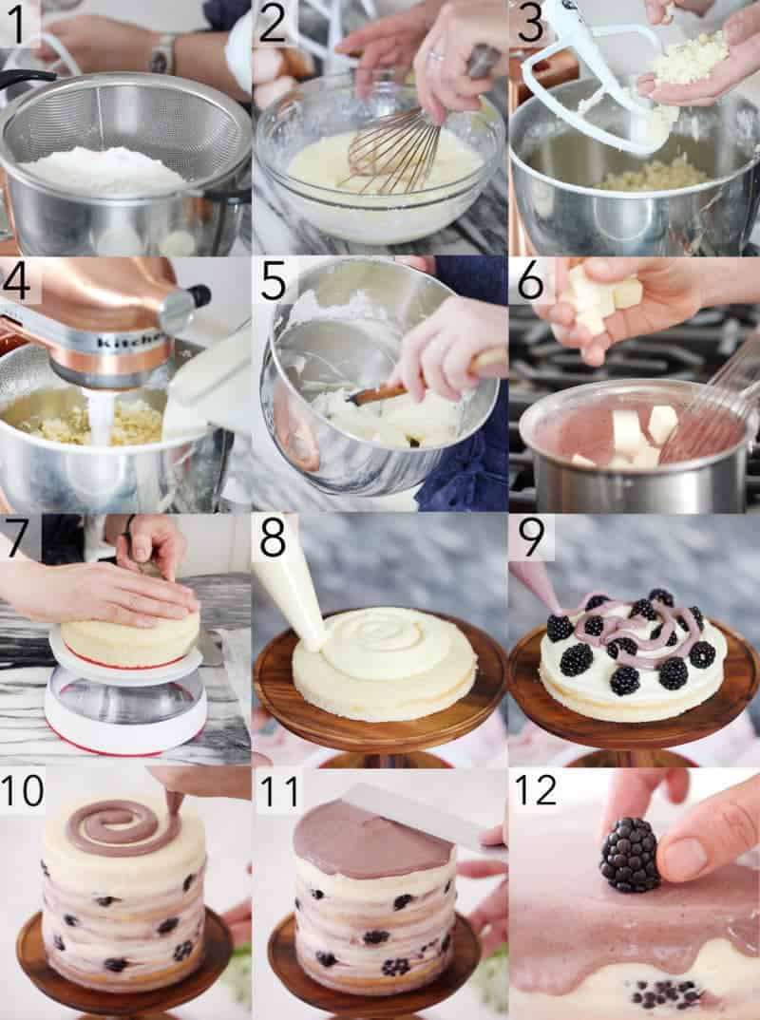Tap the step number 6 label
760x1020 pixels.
(530, 280)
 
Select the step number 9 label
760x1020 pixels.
(532, 537)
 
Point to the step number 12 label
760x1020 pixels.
(536, 792)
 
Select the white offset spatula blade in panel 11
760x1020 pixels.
(416, 817)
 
